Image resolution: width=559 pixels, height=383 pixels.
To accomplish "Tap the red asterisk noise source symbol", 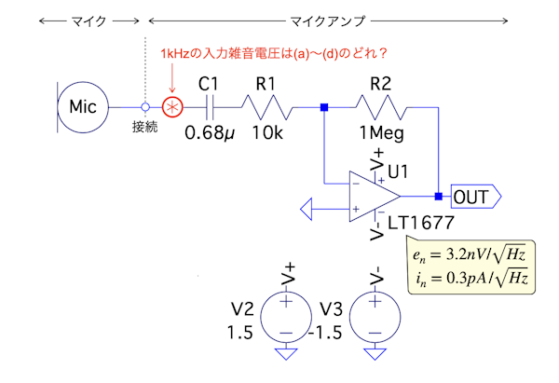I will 172,107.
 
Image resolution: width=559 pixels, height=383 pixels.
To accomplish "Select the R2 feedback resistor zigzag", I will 381,107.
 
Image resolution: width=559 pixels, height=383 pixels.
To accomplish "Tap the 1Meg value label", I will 380,132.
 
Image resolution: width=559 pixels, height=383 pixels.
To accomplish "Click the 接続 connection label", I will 144,126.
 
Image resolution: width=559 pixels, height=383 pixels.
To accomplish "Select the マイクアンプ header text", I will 327,18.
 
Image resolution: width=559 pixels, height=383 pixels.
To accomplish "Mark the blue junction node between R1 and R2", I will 323,107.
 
